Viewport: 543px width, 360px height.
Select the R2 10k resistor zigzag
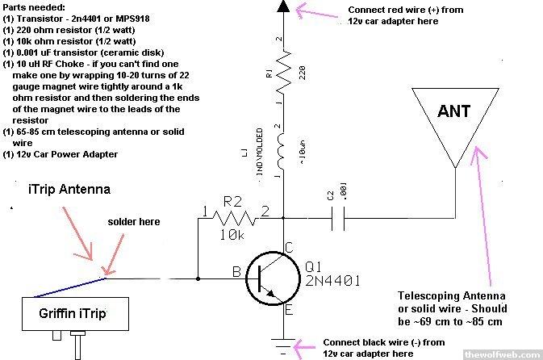coord(235,216)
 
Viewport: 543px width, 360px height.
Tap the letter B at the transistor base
coord(238,272)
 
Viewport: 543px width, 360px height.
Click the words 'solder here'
coord(134,221)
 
